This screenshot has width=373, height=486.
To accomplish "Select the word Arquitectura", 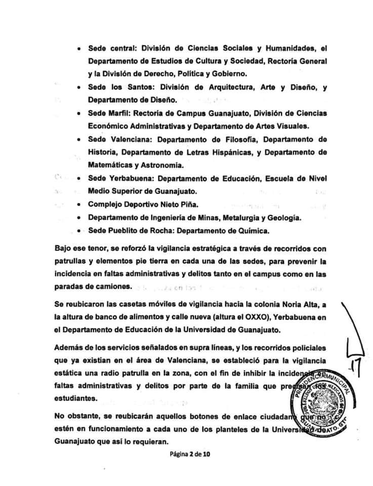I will (236, 87).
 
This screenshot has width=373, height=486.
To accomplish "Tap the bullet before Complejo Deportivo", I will (78, 205).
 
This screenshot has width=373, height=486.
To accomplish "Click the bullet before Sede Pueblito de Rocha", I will (78, 231).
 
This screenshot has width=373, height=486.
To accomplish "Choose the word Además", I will (69, 350).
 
